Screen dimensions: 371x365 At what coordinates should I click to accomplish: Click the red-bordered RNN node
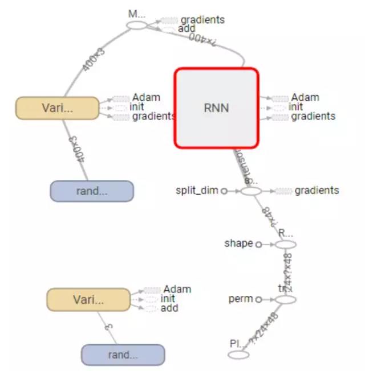tap(216, 108)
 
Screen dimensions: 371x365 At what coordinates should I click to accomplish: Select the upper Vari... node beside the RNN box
tap(57, 108)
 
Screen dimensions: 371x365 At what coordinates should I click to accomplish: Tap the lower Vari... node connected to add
tap(88, 299)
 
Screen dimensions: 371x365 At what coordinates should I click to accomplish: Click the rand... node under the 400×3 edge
tap(91, 191)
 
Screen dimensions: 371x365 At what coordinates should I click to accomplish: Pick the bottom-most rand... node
tap(123, 355)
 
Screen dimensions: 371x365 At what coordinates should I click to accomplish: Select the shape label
tap(238, 244)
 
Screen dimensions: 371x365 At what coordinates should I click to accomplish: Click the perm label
tap(240, 299)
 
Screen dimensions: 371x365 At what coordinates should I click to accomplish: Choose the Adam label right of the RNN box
tap(305, 98)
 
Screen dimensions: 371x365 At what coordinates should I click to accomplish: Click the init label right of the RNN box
tap(296, 107)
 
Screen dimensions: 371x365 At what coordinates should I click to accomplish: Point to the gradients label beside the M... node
tap(202, 20)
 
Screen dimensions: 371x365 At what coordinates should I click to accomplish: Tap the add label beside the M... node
tap(187, 28)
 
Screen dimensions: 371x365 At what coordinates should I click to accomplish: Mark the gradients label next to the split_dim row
tap(317, 191)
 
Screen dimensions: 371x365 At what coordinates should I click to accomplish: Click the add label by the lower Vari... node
tap(169, 308)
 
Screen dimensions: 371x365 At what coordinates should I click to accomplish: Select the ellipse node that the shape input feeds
tap(286, 245)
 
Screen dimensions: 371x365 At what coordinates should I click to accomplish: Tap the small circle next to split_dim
tap(224, 191)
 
